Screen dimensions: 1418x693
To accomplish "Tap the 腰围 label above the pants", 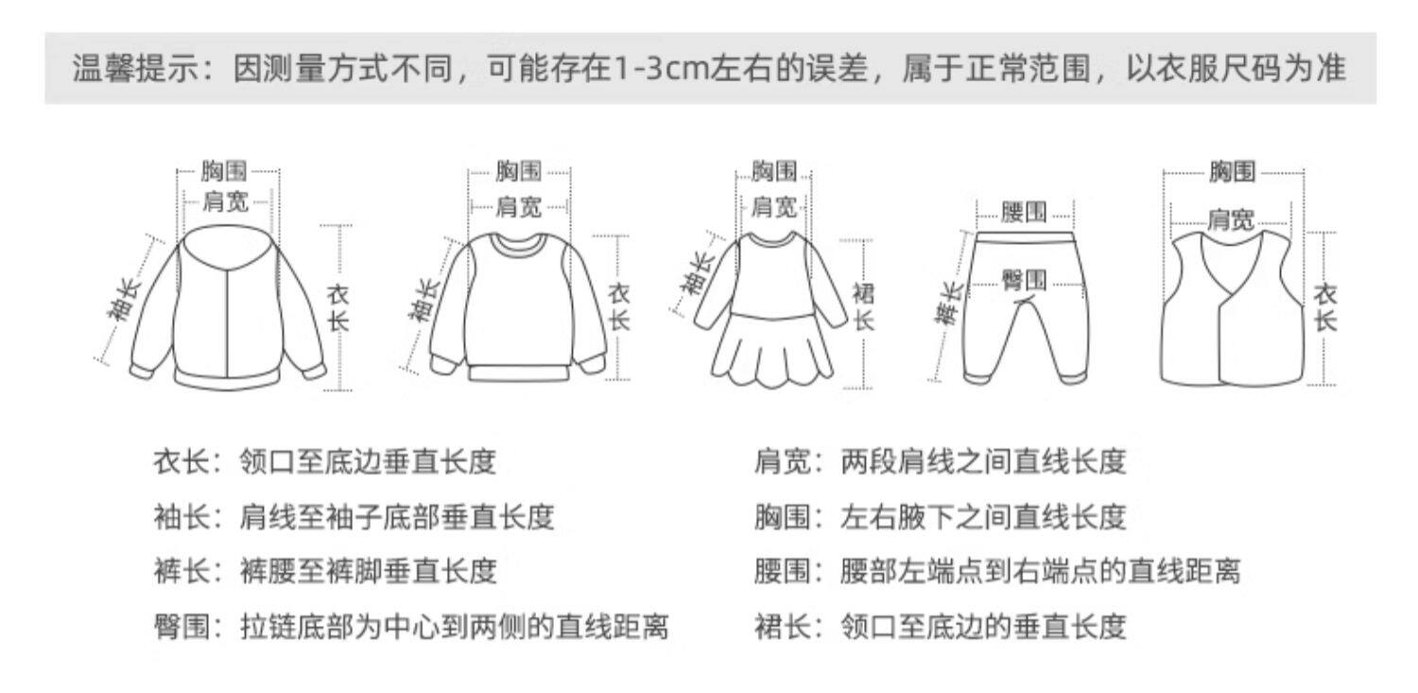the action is tap(1024, 212).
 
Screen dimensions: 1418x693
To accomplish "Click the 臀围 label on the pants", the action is tap(1024, 279).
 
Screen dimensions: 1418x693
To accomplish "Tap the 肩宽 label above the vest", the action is tap(1231, 220).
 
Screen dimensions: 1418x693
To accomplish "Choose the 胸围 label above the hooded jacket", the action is tap(224, 171).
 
